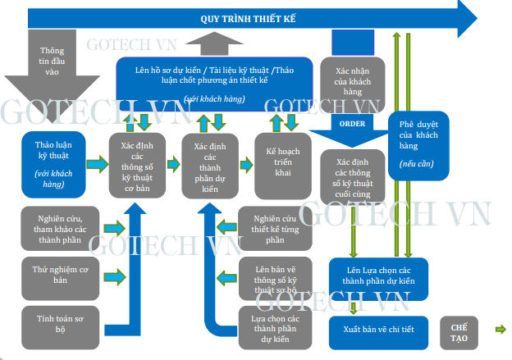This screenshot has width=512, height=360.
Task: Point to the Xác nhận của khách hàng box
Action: [354, 82]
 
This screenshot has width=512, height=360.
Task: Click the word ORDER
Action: [352, 123]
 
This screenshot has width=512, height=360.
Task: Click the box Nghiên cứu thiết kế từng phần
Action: [275, 228]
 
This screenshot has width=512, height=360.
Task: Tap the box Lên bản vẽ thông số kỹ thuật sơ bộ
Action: [275, 277]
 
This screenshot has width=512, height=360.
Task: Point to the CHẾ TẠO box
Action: [459, 330]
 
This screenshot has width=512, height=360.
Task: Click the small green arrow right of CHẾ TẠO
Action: [500, 330]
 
